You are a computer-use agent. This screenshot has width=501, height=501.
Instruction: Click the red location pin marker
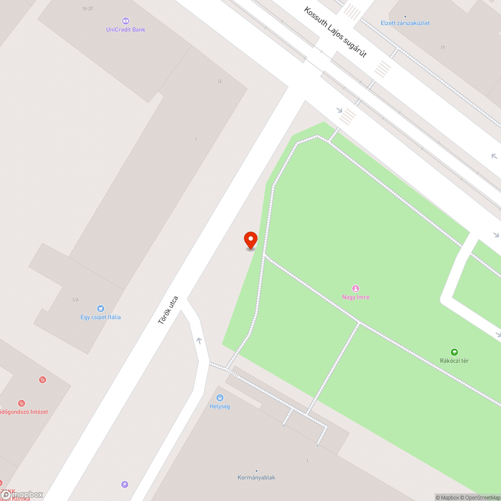point(250,240)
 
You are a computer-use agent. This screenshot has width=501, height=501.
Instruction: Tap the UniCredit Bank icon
point(125,21)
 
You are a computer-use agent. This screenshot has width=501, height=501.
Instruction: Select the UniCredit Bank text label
point(125,30)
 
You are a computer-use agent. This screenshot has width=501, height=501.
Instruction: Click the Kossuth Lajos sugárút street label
point(336,32)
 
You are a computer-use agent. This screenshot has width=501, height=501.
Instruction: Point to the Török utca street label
point(168,310)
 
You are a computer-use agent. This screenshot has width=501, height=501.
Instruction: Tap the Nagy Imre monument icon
point(356,288)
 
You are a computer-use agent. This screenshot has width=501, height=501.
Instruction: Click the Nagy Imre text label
point(356,297)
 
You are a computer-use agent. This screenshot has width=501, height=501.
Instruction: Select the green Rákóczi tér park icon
point(454,352)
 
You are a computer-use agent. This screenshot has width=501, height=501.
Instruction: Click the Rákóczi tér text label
point(454,361)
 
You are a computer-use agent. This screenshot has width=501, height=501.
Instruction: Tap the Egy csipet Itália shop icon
point(101,309)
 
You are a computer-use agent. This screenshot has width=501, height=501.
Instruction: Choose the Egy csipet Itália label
point(101,317)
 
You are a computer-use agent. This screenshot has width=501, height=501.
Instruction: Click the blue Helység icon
point(219,398)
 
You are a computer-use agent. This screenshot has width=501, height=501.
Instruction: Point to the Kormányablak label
point(257,477)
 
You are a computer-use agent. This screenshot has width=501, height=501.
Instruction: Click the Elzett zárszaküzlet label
point(405,23)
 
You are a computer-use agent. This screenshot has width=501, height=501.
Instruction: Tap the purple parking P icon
point(125,484)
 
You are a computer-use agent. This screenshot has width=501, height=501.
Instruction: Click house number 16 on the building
point(219,81)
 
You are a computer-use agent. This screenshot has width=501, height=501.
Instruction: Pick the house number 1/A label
point(75,300)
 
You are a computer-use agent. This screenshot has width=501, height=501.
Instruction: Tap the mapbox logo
point(23,494)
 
